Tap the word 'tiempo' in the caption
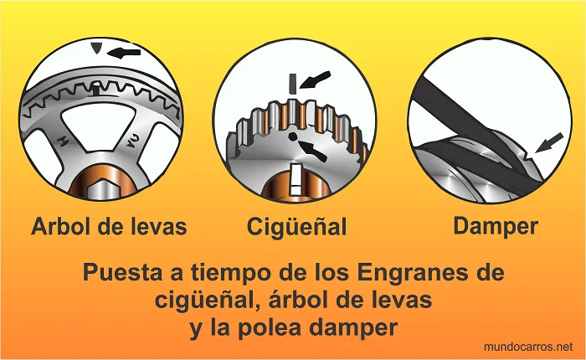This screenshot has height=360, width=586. (x=226, y=274)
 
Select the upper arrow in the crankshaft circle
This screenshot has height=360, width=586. (x=315, y=80)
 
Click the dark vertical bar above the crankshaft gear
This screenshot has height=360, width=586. (x=290, y=83)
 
